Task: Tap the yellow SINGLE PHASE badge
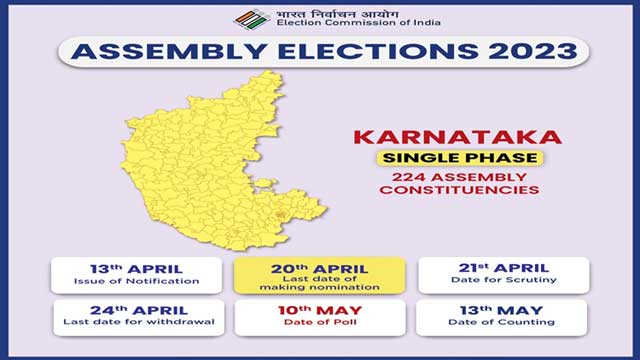[x=459, y=158]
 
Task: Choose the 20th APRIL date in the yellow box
[x=320, y=269]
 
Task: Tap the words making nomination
[x=320, y=287]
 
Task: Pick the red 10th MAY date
[x=320, y=311]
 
